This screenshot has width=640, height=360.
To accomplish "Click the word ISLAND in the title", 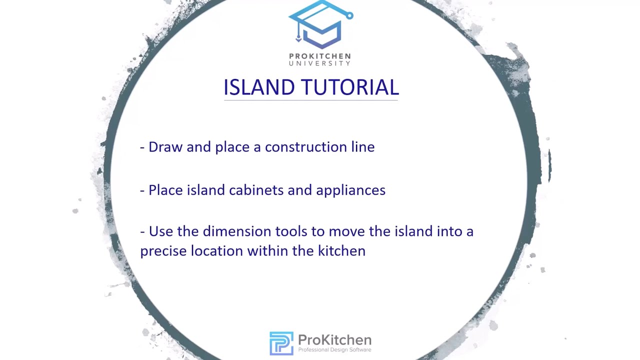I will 258,87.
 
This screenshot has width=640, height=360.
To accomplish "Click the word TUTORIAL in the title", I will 349,87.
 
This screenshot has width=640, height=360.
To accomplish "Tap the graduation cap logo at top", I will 320,25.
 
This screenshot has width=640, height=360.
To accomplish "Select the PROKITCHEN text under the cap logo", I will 320,56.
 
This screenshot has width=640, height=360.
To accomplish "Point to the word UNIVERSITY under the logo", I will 320,63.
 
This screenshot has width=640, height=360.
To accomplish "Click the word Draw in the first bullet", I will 165,147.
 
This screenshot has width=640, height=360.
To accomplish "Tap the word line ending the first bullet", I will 363,147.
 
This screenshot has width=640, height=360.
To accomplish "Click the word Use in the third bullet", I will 160,231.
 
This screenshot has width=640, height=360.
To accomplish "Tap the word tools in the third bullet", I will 291,231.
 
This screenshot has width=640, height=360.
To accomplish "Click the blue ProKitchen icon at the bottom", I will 281,343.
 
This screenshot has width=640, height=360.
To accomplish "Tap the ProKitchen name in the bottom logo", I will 334,340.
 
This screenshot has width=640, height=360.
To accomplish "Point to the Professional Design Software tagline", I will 334,350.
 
